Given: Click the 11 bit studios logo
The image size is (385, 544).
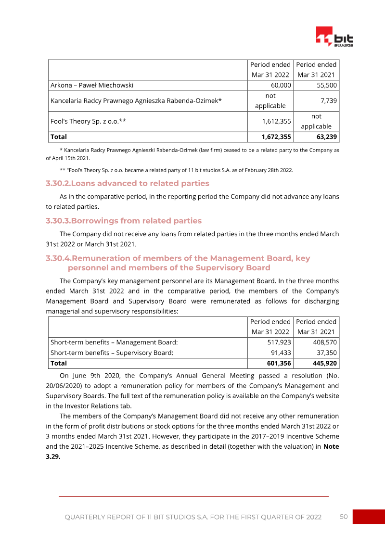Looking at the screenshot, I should click(334, 37).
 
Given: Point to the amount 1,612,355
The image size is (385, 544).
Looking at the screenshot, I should click(276, 121).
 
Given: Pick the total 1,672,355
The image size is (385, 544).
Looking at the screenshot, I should click(276, 137).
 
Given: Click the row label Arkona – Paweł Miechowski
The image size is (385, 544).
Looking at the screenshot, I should click(92, 85).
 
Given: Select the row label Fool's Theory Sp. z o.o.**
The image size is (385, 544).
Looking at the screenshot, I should click(89, 121).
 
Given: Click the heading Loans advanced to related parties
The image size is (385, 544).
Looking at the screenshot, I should click(128, 183).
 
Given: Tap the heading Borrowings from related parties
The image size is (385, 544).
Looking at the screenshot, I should click(124, 221).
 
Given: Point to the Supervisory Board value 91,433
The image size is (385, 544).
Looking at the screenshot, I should click(281, 353).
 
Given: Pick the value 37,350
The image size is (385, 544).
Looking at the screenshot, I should click(327, 353).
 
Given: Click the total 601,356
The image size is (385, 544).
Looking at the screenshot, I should click(278, 363).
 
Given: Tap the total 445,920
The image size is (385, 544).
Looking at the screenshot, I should click(325, 363).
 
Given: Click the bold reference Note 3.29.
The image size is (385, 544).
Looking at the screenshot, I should click(331, 446).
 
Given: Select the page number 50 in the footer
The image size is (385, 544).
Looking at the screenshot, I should click(344, 517).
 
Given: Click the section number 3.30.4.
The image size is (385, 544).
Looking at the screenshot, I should click(58, 258).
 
